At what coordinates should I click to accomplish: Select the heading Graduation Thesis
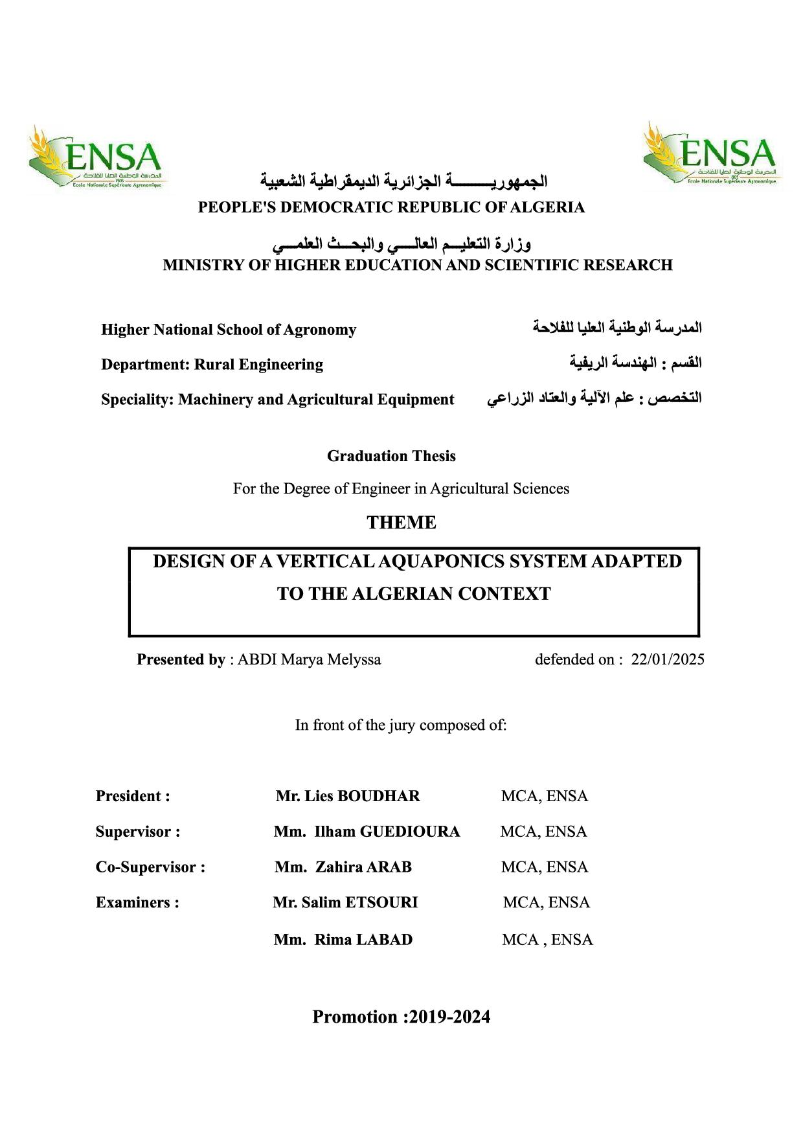pos(391,456)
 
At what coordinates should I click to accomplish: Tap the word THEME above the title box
pos(401,523)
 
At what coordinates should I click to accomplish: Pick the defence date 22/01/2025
pos(668,659)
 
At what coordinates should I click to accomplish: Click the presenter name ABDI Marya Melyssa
pos(309,659)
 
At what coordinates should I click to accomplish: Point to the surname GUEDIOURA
pos(410,832)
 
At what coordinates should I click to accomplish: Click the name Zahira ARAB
pos(363,867)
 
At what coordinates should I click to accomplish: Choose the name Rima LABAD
pos(363,940)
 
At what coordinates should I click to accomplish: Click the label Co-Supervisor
pos(150,867)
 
